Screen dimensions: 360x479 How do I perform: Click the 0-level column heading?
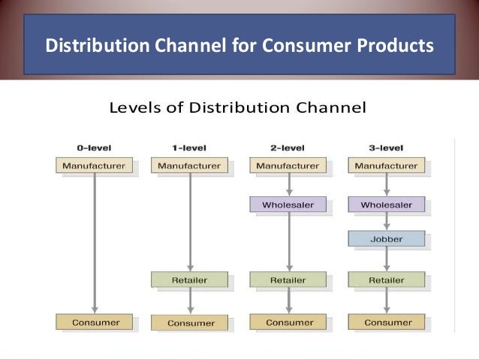point(94,147)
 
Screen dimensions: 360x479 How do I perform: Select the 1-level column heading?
point(189,147)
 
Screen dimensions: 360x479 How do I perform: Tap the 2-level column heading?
point(288,147)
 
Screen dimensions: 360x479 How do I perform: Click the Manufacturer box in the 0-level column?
point(94,165)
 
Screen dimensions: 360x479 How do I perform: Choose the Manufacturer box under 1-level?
point(189,165)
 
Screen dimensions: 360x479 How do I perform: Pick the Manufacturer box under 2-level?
point(288,165)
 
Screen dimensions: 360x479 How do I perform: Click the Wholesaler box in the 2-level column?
point(288,204)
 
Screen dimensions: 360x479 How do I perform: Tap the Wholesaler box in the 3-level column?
point(387,204)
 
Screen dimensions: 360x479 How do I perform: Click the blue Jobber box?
point(387,239)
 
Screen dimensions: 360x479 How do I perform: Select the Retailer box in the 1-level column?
point(189,280)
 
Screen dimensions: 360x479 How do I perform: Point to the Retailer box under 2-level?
point(288,280)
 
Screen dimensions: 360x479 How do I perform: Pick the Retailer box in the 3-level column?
point(387,280)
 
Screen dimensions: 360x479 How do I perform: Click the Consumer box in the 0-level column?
point(94,322)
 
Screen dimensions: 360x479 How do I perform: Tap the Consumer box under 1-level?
point(189,322)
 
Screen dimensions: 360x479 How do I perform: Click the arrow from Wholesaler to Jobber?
point(387,221)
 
